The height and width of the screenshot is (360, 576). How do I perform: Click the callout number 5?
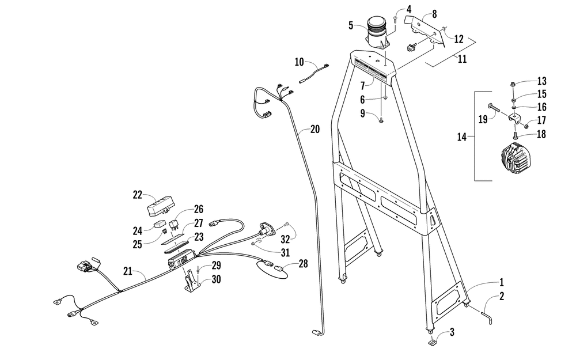[351, 25]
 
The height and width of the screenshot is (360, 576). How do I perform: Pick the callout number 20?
[314, 129]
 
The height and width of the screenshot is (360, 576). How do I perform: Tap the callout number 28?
[303, 264]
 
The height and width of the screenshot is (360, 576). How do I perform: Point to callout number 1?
[501, 282]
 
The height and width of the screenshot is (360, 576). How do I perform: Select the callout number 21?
[128, 270]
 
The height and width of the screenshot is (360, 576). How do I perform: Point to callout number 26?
[198, 209]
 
